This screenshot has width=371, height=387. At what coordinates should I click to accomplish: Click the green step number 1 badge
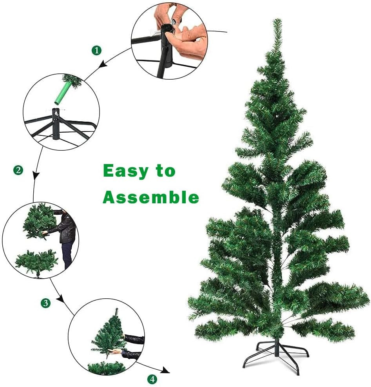(96, 50)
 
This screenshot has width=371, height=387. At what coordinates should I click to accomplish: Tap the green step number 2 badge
(18, 170)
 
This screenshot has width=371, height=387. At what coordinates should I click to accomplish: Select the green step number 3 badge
(46, 303)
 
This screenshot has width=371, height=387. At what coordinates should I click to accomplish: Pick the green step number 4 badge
(152, 379)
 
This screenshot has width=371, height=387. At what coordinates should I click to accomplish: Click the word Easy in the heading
(125, 171)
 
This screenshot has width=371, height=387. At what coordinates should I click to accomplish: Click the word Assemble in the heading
(151, 197)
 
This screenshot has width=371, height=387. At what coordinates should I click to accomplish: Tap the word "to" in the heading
(165, 171)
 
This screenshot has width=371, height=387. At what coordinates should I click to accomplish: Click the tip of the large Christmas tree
(277, 22)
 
